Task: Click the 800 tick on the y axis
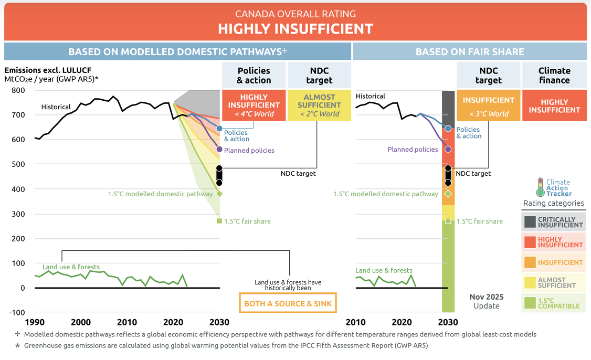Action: coord(18,90)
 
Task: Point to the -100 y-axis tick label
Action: coord(17,312)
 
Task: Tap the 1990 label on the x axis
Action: coord(35,322)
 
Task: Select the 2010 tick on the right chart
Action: coord(355,322)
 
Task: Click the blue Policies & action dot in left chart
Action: coord(219,129)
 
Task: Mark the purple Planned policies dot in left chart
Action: coord(219,149)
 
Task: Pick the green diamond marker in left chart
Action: coord(219,194)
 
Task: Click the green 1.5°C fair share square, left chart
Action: coord(219,221)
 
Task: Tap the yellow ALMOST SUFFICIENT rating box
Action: coord(319,105)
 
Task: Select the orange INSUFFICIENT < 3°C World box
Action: coord(489,105)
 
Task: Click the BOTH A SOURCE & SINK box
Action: coord(288,303)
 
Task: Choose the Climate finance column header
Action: coord(554,75)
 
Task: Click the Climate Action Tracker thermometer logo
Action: coord(540,187)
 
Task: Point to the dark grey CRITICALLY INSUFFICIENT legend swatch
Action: coord(530,222)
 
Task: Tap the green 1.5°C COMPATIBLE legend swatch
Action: coord(530,303)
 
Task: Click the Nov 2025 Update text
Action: coord(487,301)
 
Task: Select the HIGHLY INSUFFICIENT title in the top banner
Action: coord(295,29)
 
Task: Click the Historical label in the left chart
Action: coord(56,107)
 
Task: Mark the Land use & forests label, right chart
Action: coord(384,270)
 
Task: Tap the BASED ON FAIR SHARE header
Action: coord(470,51)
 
